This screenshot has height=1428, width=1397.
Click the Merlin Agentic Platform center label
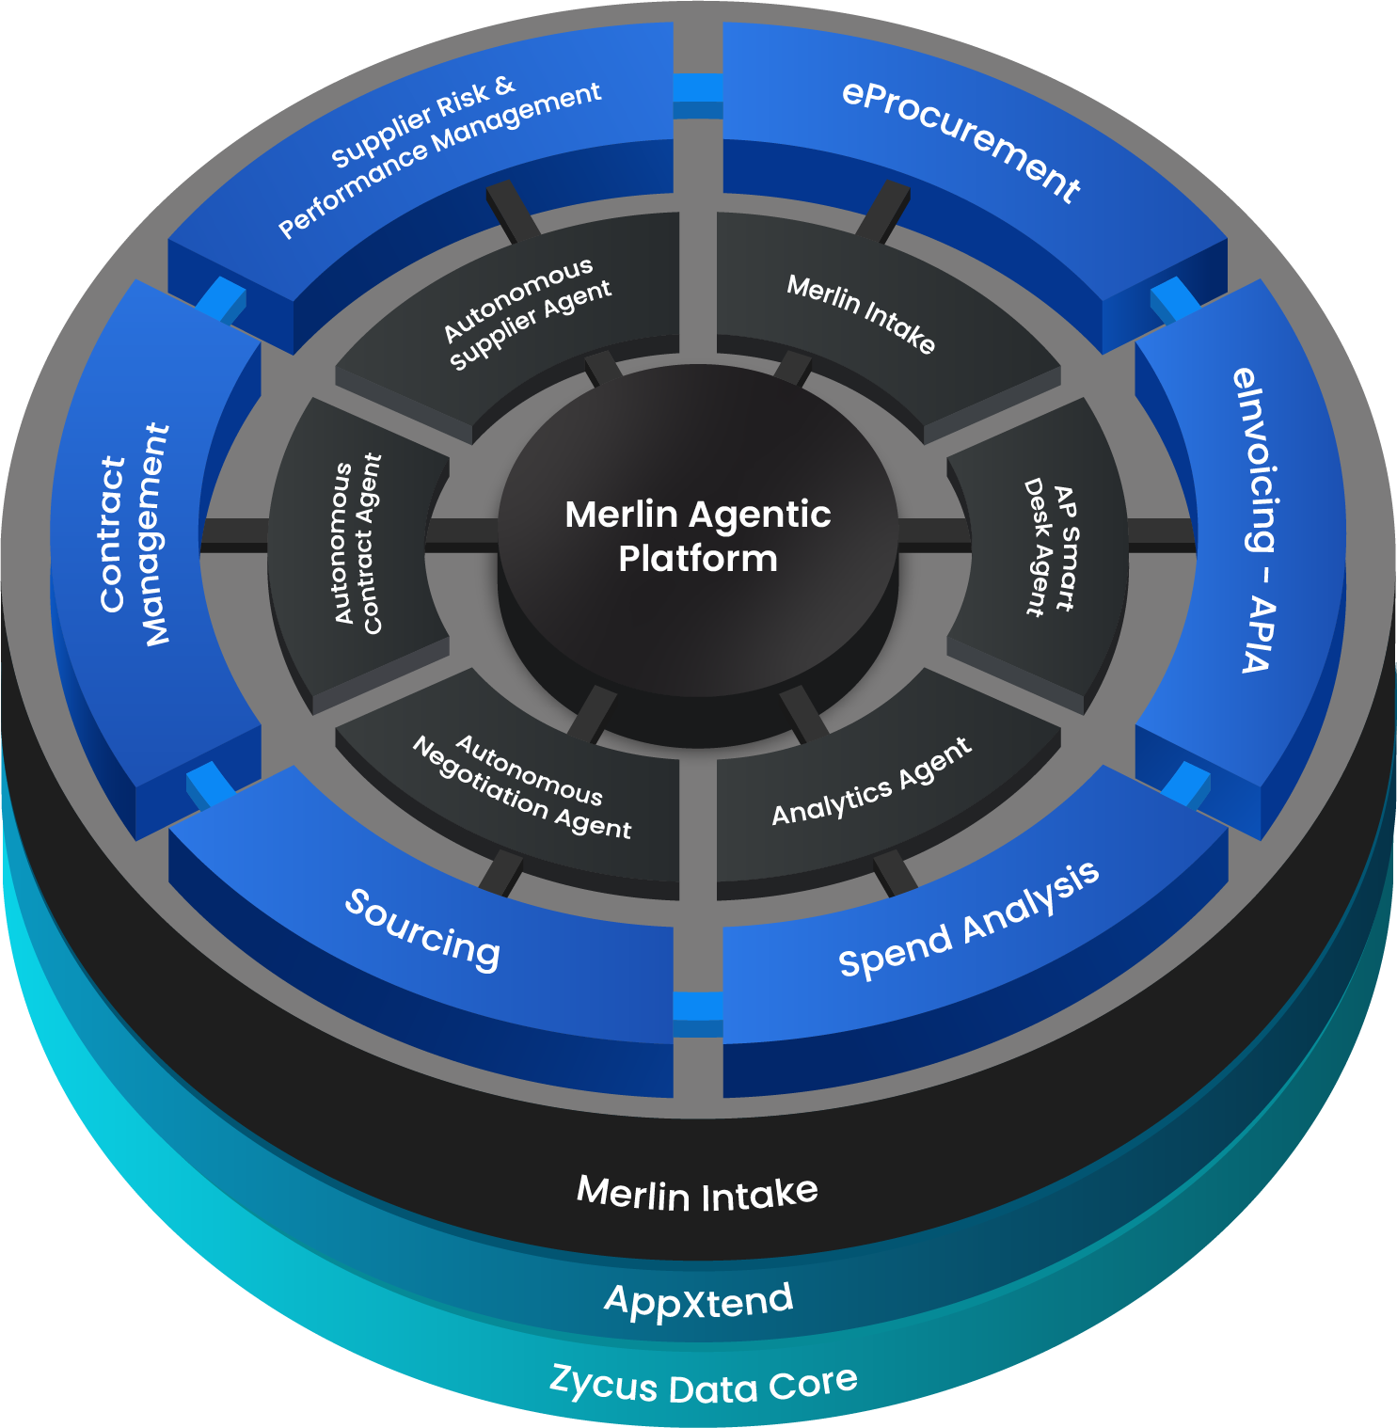698,536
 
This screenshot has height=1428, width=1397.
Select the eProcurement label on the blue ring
960,141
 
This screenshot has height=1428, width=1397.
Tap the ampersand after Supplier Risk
505,87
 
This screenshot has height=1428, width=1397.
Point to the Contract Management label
134,536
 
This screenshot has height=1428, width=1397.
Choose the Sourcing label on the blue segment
422,929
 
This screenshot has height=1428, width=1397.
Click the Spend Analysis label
969,920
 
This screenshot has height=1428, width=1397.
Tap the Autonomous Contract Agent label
358,543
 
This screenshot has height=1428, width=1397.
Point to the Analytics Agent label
871,783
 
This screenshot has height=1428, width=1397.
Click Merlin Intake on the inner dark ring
861,313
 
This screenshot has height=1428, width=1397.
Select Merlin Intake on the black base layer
697,1194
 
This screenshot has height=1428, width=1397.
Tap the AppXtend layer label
699,1301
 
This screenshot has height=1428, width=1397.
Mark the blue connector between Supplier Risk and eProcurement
698,89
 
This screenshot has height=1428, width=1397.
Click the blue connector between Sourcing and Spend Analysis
698,1008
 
